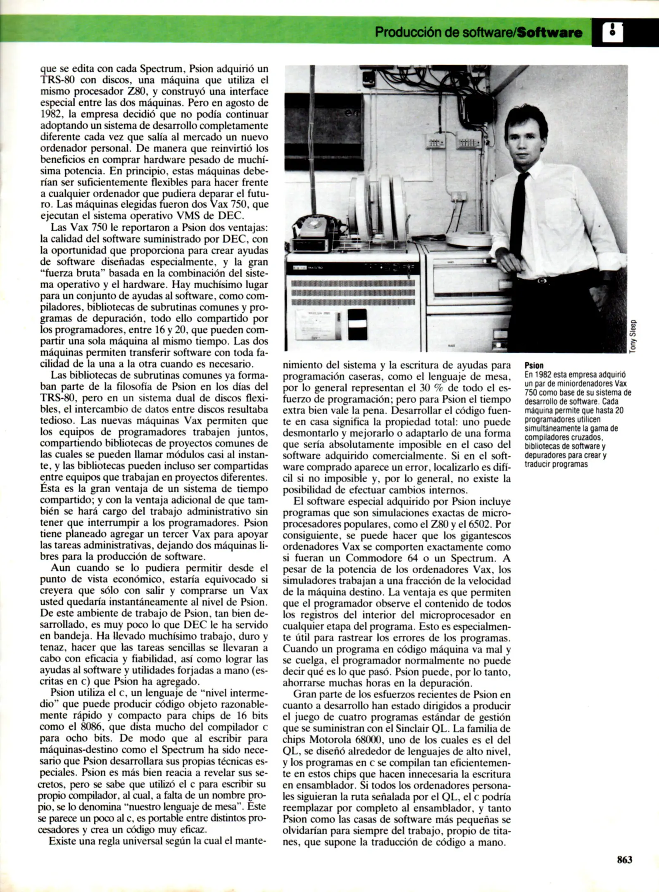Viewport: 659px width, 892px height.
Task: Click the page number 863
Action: (x=624, y=859)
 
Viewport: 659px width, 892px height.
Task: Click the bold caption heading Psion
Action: (x=534, y=365)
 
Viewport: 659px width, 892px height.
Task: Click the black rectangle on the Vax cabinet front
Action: (x=357, y=324)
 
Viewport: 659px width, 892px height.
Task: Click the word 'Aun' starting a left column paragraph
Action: (x=61, y=567)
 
